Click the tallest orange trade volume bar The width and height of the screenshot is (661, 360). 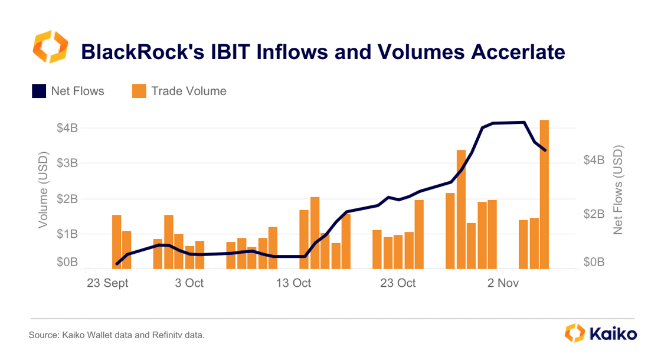tap(544, 195)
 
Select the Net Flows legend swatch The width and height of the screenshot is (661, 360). tap(39, 91)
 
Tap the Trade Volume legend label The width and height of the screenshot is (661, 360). tap(189, 91)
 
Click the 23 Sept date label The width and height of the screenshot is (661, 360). tap(107, 283)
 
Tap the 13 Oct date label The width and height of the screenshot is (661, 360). tap(293, 283)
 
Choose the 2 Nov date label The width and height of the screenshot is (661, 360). tap(503, 283)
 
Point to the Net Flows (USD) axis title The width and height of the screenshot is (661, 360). tap(618, 190)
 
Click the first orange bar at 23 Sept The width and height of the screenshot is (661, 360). tap(116, 241)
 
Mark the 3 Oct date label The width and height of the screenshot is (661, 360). tap(189, 283)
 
